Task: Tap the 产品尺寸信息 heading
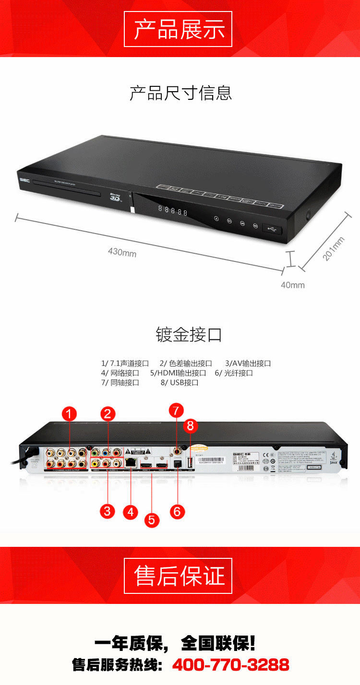point(180,93)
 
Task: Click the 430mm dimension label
point(122,252)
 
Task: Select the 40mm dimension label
point(292,285)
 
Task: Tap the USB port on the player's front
point(272,230)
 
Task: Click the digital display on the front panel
point(172,211)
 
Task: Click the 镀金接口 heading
point(189,334)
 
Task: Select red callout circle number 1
point(70,414)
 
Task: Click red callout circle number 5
point(151,520)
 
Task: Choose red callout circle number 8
point(191,425)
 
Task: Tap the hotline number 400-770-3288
point(230,664)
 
